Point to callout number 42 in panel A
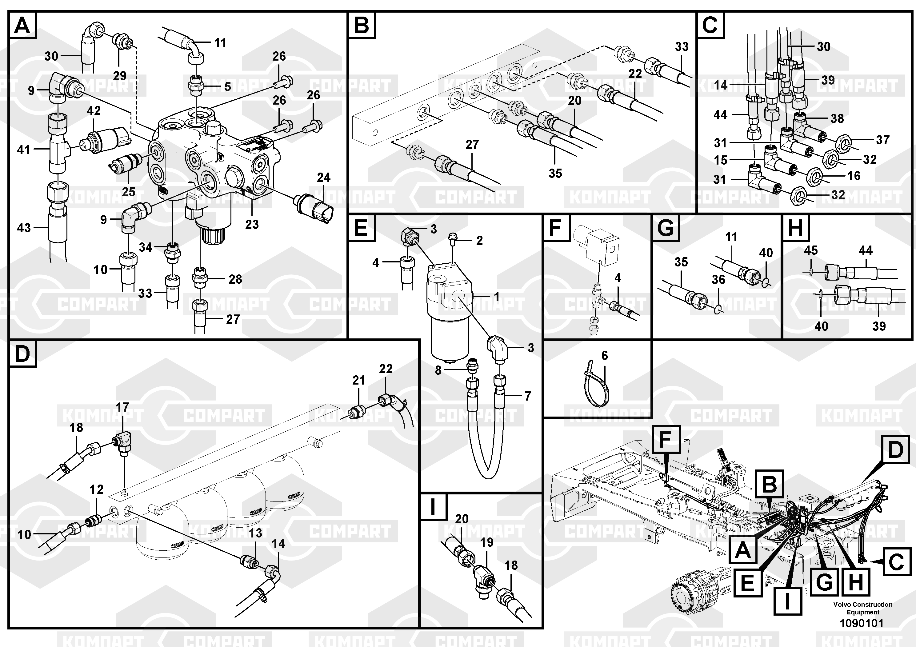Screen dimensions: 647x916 click(x=94, y=110)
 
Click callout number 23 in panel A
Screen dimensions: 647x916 click(x=252, y=224)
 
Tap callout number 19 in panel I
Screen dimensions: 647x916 click(x=487, y=542)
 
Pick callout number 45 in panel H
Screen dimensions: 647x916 click(x=811, y=250)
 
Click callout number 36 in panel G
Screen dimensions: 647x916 click(x=718, y=279)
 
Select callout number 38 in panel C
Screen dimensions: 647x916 click(x=837, y=118)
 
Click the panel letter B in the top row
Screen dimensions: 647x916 click(x=362, y=25)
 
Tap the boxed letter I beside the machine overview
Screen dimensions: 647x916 click(x=787, y=600)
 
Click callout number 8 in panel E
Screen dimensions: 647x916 click(x=438, y=370)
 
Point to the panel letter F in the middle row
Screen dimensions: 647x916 click(x=555, y=228)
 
